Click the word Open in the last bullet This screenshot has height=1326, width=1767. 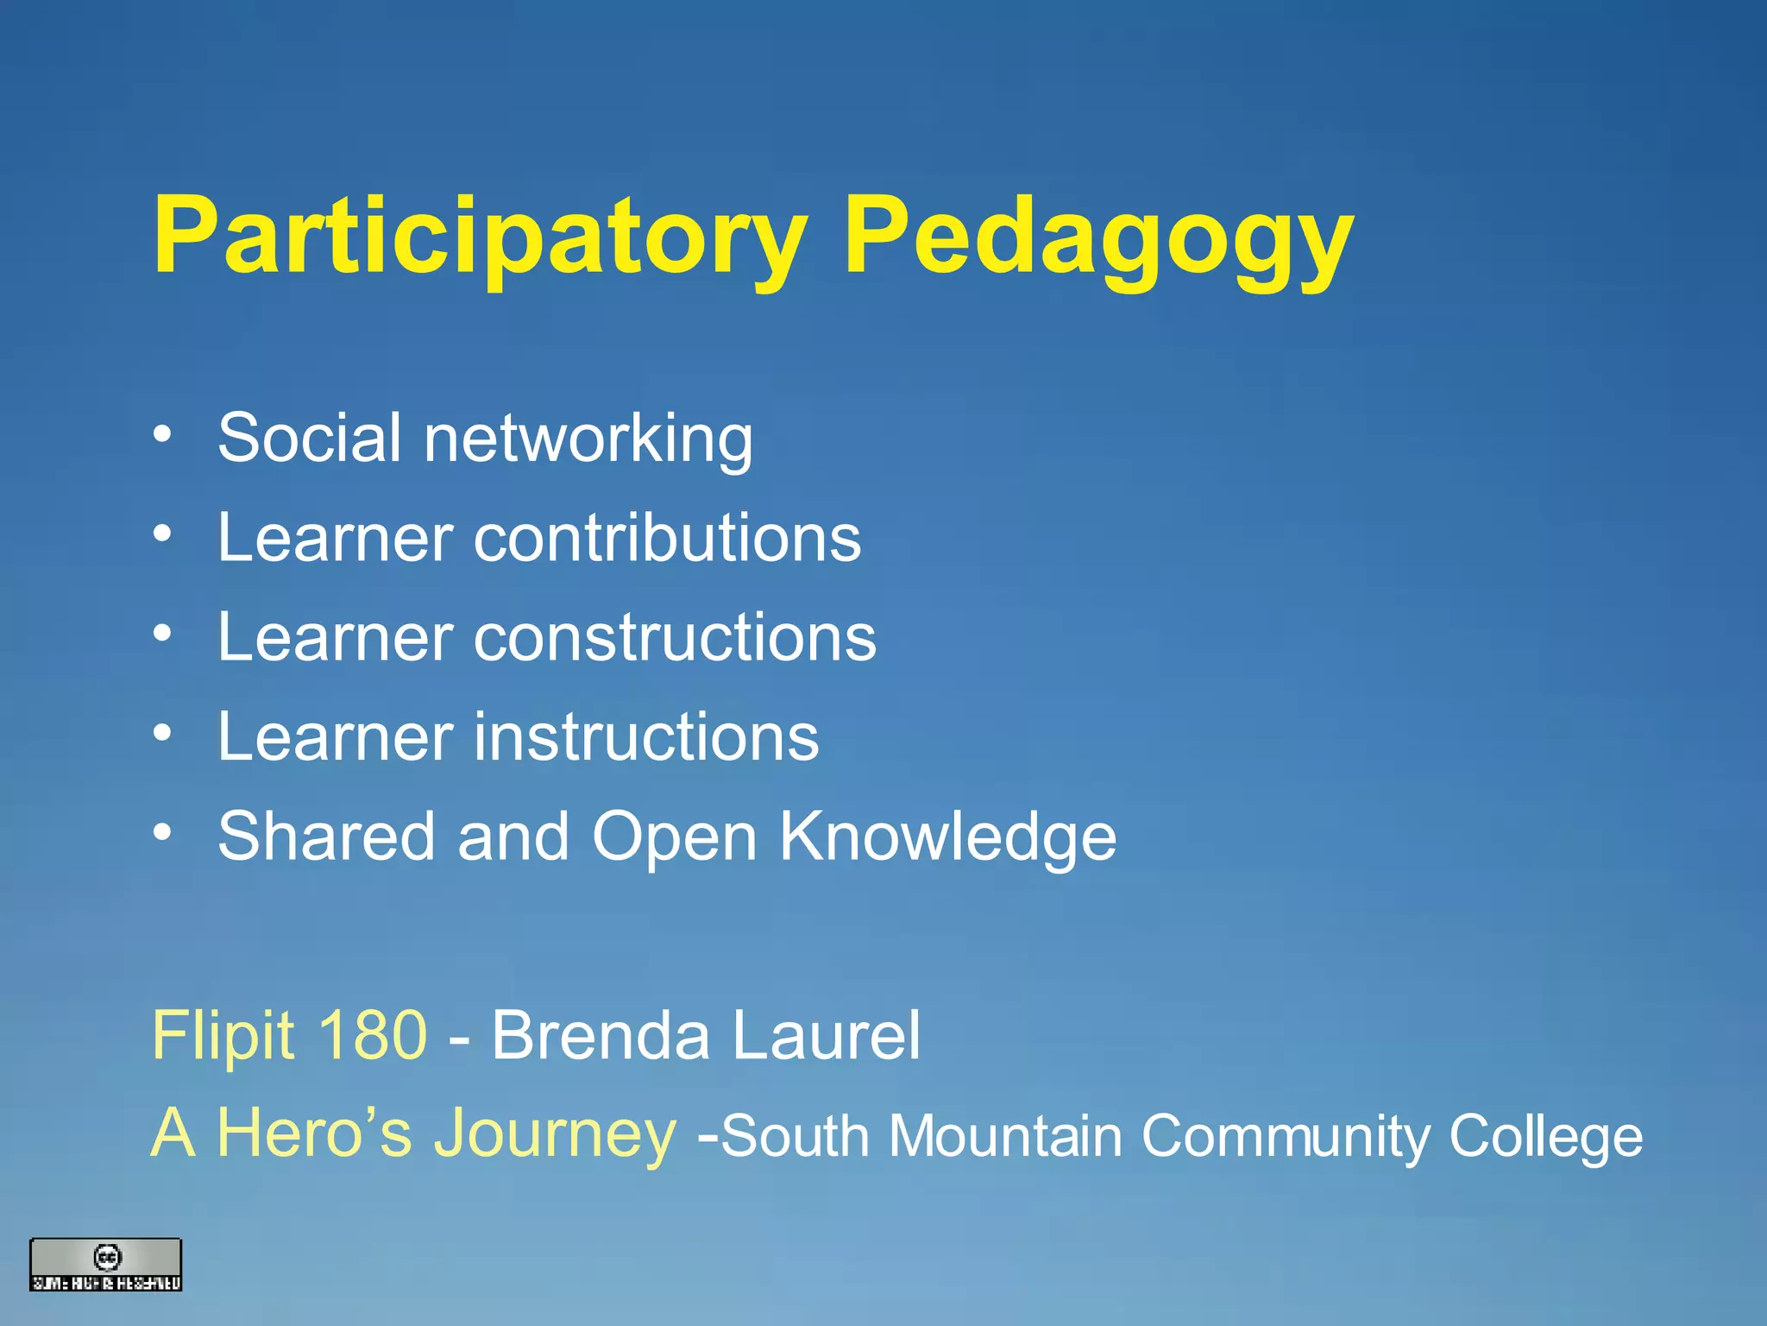click(674, 837)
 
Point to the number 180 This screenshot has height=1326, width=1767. click(372, 1035)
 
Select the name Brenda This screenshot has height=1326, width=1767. click(601, 1035)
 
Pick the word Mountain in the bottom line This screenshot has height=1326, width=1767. click(1005, 1136)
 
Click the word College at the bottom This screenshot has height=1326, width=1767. click(1545, 1138)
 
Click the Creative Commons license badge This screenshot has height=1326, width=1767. click(106, 1265)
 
